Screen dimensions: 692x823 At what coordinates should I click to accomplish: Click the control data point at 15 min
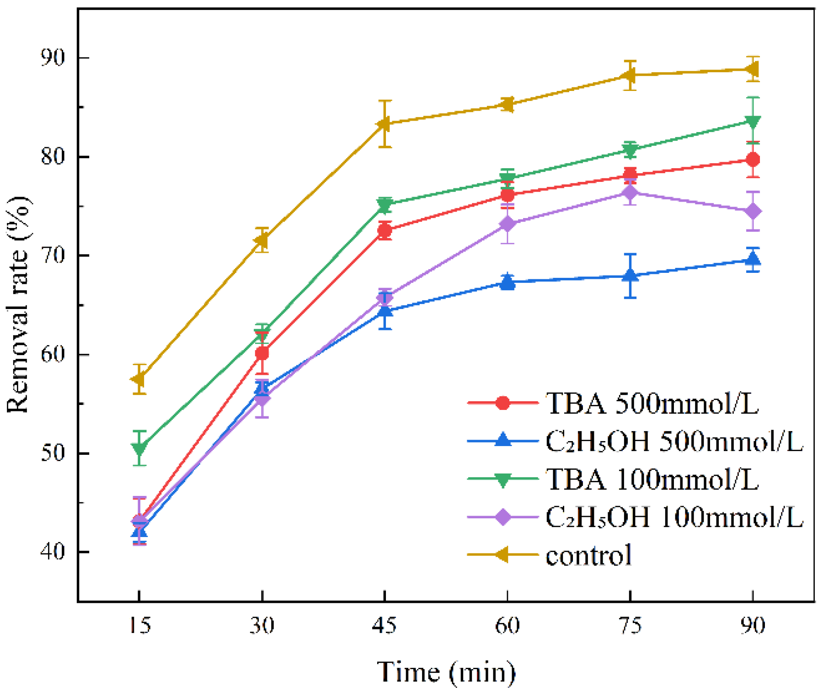(x=139, y=379)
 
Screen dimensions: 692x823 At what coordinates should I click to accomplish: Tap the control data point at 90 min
(x=752, y=69)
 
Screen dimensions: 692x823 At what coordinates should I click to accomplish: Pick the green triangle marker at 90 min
(x=753, y=122)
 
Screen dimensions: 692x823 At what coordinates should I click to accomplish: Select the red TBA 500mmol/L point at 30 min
(x=262, y=353)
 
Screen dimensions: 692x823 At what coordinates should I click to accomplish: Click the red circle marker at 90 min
(x=753, y=160)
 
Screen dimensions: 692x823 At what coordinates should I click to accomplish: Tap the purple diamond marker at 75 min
(x=630, y=192)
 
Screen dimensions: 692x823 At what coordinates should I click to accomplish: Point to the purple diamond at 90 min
(x=753, y=211)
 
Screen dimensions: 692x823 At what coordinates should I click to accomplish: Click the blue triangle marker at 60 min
(x=508, y=282)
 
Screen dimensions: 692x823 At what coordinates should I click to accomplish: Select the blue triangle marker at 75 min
(x=630, y=275)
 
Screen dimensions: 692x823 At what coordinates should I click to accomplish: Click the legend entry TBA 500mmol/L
(x=652, y=404)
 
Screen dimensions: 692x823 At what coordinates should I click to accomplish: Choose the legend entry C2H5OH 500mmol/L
(x=674, y=442)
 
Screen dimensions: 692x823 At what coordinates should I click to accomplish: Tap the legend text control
(x=589, y=555)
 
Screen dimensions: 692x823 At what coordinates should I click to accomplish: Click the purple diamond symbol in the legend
(x=503, y=517)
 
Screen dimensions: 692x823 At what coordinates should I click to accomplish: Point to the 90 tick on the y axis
(x=53, y=58)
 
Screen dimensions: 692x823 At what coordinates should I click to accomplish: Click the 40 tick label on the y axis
(x=53, y=552)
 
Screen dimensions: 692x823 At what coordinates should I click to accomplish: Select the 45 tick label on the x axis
(x=384, y=625)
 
